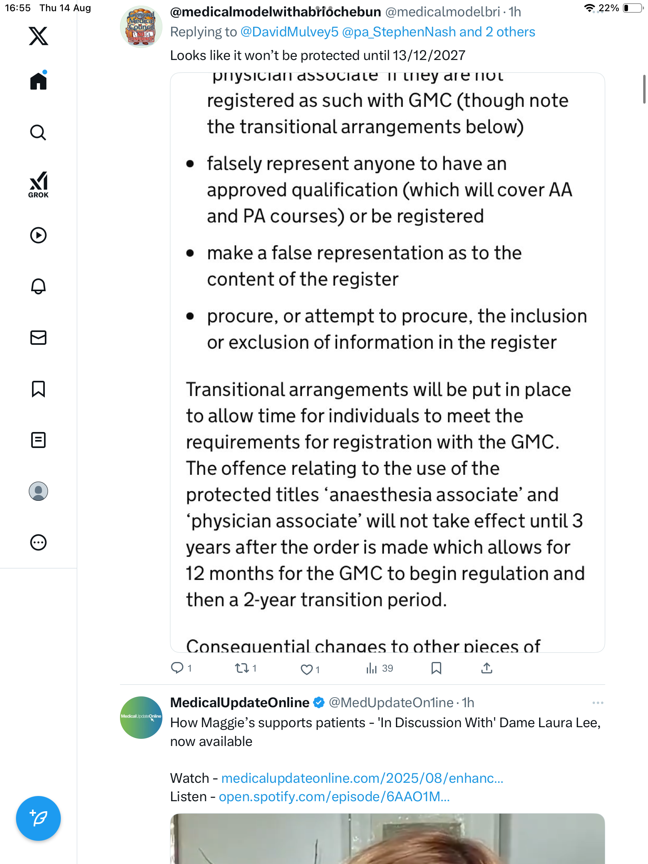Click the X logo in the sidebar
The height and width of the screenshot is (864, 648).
[x=38, y=36]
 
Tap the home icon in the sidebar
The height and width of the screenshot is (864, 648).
[x=38, y=81]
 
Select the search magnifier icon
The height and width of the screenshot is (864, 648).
[x=38, y=132]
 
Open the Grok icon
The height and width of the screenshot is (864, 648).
[x=38, y=184]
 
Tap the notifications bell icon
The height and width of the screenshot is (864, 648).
[x=38, y=286]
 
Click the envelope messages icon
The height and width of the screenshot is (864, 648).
[x=38, y=338]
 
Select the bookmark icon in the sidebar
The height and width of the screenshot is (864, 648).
[x=38, y=389]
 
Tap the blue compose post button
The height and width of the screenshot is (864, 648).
[x=38, y=818]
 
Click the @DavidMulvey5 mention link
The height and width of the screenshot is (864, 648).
[x=289, y=32]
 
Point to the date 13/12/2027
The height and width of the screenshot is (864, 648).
[x=429, y=55]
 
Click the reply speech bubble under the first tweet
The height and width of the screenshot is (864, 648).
[x=177, y=668]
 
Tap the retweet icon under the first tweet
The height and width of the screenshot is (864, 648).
[x=242, y=668]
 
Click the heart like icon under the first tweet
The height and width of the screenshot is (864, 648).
[x=306, y=669]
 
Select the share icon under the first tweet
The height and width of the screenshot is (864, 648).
[x=486, y=668]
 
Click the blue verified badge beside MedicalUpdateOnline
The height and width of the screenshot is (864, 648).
[x=319, y=702]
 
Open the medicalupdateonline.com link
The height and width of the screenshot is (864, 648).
[x=362, y=778]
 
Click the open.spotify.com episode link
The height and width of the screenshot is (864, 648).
[x=334, y=796]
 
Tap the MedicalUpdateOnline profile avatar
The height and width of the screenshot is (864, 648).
[x=141, y=717]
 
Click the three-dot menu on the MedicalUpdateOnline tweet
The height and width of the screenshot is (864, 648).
[x=598, y=703]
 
